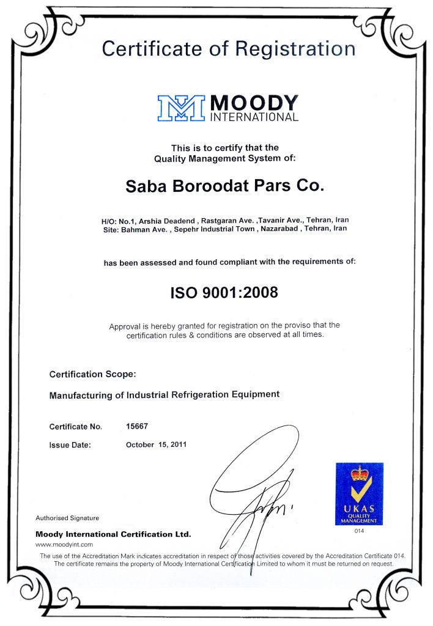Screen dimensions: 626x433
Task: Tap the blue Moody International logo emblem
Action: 182,108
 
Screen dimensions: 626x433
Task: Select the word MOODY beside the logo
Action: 254,101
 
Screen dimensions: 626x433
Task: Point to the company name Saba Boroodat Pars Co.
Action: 223,185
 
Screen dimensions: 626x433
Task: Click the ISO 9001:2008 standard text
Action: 224,292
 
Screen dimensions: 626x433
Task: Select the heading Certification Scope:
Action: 92,374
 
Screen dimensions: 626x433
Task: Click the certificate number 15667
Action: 137,426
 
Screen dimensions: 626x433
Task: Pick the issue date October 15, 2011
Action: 157,444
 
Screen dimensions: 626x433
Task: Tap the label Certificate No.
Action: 75,427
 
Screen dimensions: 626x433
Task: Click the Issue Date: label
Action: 70,445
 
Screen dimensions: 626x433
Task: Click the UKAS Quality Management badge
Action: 359,493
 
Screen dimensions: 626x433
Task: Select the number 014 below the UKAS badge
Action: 360,531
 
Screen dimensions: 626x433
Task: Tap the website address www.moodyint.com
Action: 64,543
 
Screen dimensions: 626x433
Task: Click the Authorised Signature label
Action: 67,518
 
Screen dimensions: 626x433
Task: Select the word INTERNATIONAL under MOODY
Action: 254,116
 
